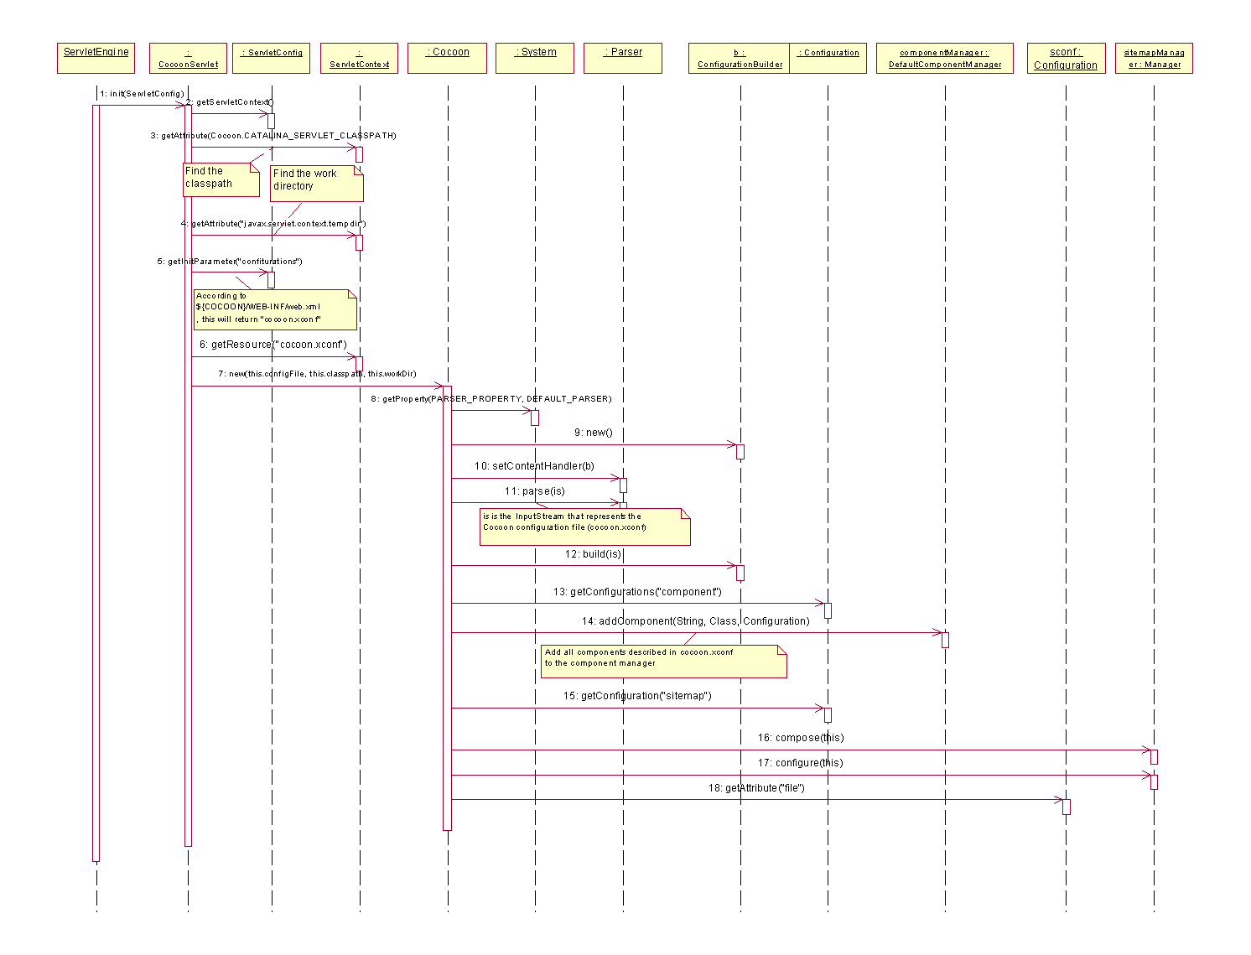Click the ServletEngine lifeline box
(96, 58)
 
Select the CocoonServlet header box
(188, 58)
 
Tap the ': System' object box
(535, 58)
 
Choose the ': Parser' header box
(623, 58)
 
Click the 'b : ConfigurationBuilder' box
(740, 58)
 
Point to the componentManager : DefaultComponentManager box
(945, 58)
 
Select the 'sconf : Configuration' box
(1066, 58)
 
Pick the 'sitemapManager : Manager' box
(1154, 58)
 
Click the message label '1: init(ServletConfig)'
(142, 94)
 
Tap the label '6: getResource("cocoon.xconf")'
(273, 345)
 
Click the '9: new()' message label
(594, 433)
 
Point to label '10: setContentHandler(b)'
(534, 466)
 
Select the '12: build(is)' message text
(593, 554)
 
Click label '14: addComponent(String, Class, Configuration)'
(696, 621)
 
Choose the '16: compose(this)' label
(801, 738)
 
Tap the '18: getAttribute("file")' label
(756, 788)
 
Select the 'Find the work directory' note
(317, 183)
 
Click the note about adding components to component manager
(663, 661)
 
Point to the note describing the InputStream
(584, 527)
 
